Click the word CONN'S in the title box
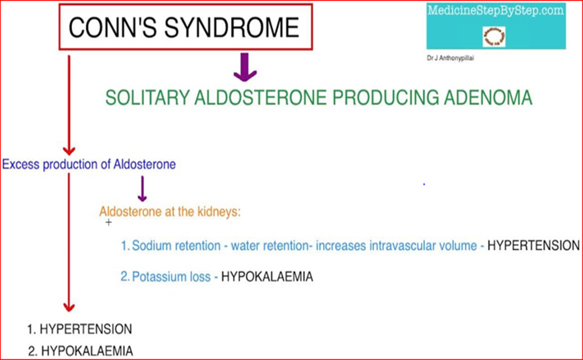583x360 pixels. coord(112,27)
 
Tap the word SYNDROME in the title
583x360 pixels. coord(231,27)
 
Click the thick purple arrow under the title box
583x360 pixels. coord(245,67)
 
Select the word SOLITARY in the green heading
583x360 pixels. coord(147,98)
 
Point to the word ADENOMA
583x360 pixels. coord(488,98)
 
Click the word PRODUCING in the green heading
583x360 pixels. coord(386,98)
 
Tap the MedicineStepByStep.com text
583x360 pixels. coord(496,11)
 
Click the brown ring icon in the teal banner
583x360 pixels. coord(494,36)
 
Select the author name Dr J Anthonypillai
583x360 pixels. coord(450,58)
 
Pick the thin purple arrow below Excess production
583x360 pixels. coord(142,189)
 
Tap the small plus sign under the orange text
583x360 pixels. coord(108,223)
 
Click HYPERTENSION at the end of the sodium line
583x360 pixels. coord(534,246)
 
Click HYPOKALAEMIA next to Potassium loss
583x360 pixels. coord(267,277)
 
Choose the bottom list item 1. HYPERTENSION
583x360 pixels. coord(80,329)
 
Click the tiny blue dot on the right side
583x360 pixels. coord(424,184)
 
